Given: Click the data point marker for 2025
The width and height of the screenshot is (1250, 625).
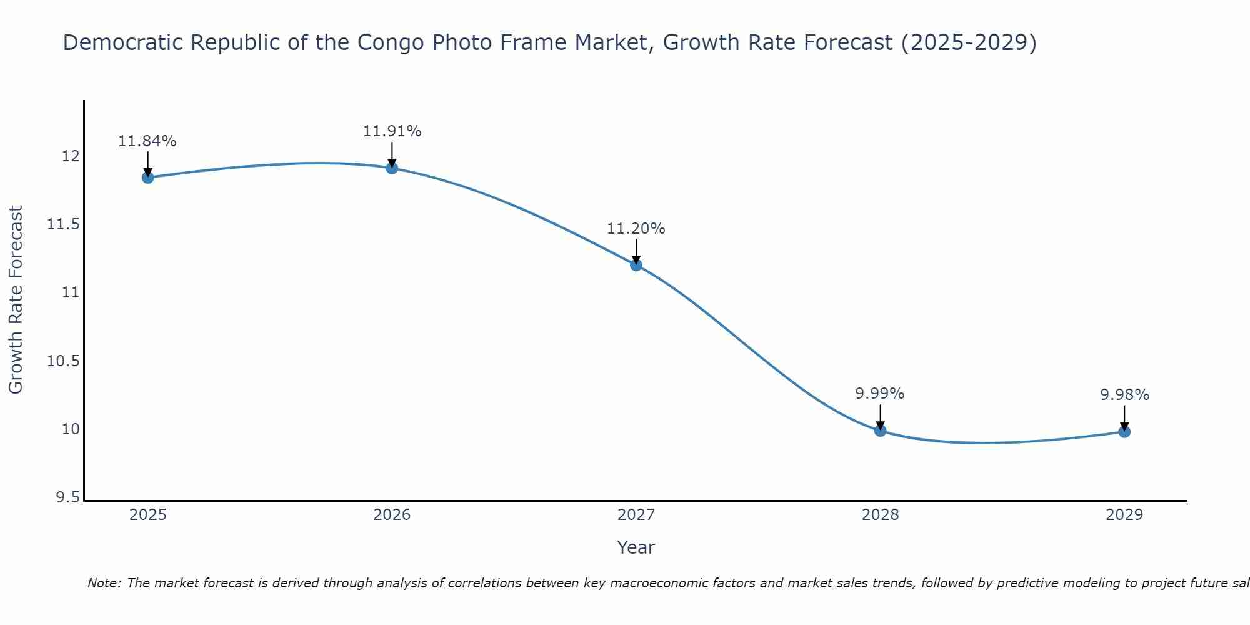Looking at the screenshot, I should pos(147,177).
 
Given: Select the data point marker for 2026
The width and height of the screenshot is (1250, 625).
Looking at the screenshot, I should pos(392,167).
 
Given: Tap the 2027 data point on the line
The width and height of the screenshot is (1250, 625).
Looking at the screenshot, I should pos(636,265).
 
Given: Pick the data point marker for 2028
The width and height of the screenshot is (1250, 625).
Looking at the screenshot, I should pos(880,431).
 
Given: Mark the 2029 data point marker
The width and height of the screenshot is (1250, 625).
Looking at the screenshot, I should pos(1124,431).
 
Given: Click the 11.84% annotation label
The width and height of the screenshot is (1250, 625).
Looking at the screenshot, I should pos(147,141).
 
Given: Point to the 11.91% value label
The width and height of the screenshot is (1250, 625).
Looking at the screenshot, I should pos(392,131).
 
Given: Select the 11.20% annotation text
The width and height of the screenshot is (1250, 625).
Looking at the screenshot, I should pos(636,229).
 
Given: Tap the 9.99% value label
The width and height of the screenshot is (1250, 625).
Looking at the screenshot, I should pos(880,394).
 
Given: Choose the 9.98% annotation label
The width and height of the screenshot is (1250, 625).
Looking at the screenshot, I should pos(1124,395).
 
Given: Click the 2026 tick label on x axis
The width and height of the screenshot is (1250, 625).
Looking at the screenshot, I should pos(392,515).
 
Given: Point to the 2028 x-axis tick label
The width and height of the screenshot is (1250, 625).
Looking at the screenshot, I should pos(880,515).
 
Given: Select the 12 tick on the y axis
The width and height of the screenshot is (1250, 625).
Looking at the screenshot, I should pos(71,156).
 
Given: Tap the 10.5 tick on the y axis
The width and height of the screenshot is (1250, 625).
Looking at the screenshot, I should pos(64,361).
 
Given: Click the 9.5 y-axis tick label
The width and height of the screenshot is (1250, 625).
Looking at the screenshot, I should pos(67,497).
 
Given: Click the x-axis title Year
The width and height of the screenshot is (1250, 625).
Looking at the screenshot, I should pos(636,547).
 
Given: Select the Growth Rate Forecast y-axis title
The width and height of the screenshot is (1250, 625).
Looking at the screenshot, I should pos(16,299).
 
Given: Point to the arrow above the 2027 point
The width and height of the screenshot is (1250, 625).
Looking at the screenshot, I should pos(636,251).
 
